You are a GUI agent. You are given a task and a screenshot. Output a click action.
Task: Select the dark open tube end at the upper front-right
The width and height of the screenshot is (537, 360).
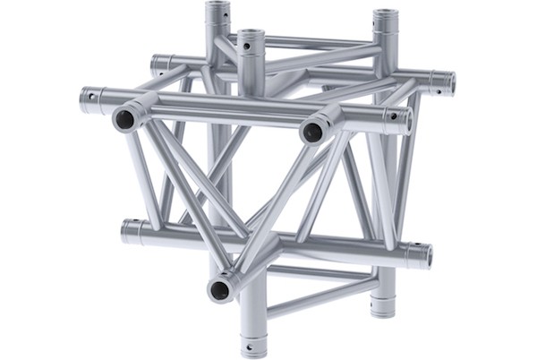pyautogui.click(x=312, y=132)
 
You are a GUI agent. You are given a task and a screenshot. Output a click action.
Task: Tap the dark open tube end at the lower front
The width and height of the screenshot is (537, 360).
pyautogui.click(x=219, y=288)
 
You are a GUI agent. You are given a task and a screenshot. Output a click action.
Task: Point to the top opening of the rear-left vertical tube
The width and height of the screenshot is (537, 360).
pyautogui.click(x=217, y=7)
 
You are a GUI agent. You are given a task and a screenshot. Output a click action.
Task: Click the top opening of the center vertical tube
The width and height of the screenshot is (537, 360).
pyautogui.click(x=251, y=36)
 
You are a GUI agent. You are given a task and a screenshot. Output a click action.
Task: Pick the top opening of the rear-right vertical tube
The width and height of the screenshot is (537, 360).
pyautogui.click(x=385, y=15)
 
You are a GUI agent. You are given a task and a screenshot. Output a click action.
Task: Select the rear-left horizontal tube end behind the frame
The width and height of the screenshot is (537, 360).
pyautogui.click(x=158, y=63)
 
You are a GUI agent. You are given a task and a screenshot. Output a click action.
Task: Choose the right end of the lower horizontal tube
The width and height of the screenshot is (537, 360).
pyautogui.click(x=424, y=256)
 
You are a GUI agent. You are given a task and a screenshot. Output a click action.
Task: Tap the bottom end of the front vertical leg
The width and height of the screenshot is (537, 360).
pyautogui.click(x=251, y=345)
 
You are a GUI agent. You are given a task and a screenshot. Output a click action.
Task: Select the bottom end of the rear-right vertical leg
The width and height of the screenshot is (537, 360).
pyautogui.click(x=382, y=309)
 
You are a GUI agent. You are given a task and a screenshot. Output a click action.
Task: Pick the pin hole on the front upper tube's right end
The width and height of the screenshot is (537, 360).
pyautogui.click(x=393, y=116)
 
